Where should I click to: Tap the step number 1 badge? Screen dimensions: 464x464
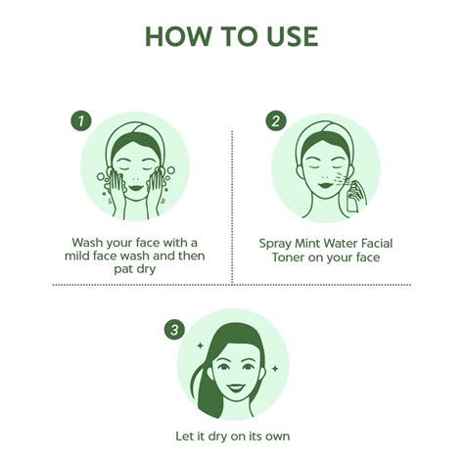click(83, 121)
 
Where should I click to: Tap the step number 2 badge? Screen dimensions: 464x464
click(277, 121)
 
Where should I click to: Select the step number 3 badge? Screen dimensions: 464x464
click(175, 331)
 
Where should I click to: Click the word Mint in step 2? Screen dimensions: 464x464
click(317, 242)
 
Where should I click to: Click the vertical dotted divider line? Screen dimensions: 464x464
click(232, 206)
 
